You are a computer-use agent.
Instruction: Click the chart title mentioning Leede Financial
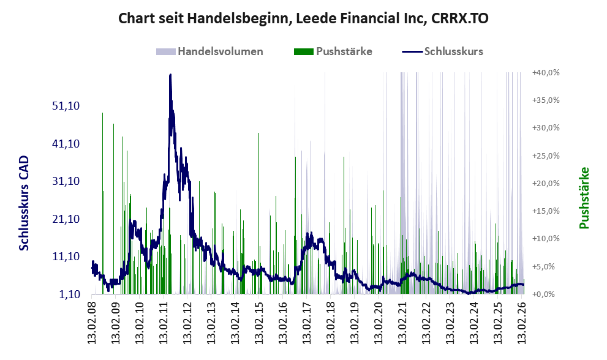[x=303, y=18]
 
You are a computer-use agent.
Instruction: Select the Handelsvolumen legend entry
[x=209, y=51]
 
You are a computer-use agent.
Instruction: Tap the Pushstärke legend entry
[x=333, y=51]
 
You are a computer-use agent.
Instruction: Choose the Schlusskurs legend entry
[x=442, y=51]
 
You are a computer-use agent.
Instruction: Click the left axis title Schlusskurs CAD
[x=24, y=203]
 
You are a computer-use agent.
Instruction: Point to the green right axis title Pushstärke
[x=584, y=198]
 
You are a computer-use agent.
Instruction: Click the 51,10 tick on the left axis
[x=66, y=106]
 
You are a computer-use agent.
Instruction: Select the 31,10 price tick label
[x=66, y=181]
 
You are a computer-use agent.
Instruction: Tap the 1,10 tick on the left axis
[x=70, y=294]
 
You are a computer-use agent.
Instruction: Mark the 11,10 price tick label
[x=66, y=257]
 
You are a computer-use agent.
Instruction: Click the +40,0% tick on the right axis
[x=546, y=72]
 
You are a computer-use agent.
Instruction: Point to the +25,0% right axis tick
[x=546, y=156]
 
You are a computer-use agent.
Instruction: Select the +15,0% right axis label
[x=546, y=211]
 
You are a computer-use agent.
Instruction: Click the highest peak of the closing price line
[x=170, y=75]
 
